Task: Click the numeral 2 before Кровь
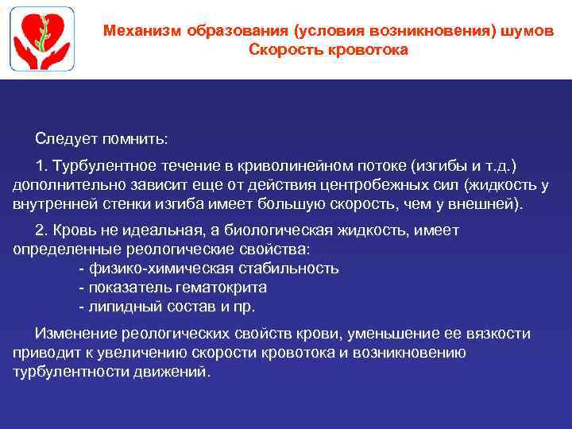pyautogui.click(x=41, y=230)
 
